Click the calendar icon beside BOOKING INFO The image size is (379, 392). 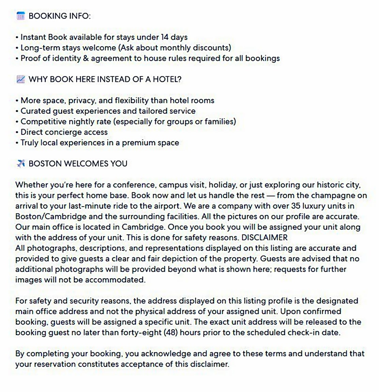tap(21, 16)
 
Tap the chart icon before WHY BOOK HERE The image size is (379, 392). tap(21, 79)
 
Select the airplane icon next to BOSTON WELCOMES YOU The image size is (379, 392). tap(21, 164)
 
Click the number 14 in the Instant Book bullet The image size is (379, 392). tap(165, 37)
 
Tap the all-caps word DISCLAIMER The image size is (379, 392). tap(264, 238)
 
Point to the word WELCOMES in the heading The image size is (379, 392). tap(85, 164)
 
